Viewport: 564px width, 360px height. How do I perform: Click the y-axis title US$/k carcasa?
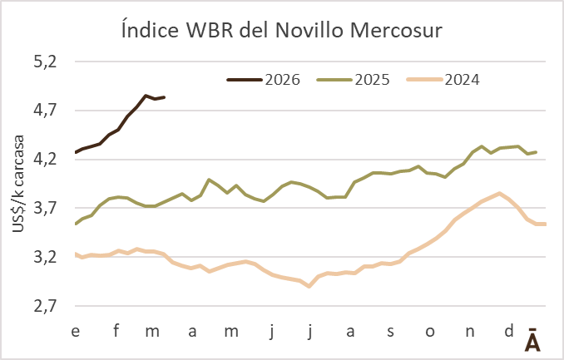17,185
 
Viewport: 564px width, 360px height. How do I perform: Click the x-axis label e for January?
76,332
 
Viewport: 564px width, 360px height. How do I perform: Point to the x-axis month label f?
116,332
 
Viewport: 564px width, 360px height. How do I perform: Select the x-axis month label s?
390,332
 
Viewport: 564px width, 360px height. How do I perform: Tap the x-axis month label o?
429,332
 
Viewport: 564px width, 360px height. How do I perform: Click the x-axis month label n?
469,332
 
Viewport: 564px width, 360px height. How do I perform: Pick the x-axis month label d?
508,332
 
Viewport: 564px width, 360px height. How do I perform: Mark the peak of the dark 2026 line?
146,96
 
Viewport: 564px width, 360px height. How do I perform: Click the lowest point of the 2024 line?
309,287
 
